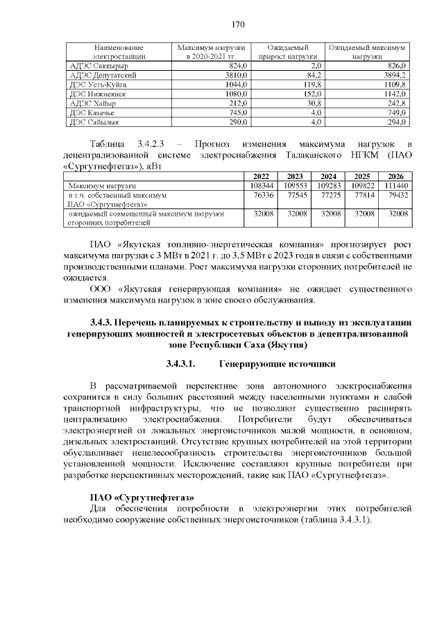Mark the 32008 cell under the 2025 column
point(363,215)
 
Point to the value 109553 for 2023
point(295,186)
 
